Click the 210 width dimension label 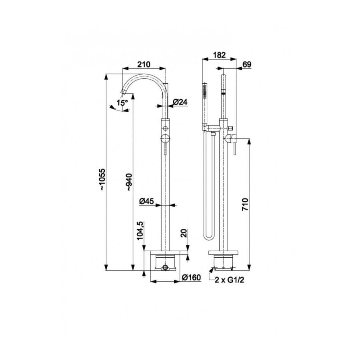[x=144, y=64]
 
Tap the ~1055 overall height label [x=102, y=179]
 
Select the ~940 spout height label [x=129, y=182]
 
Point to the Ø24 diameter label [x=180, y=102]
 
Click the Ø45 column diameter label [x=146, y=201]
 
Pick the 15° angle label [x=122, y=103]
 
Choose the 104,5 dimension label [x=140, y=230]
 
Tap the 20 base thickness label [x=184, y=234]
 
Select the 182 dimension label [x=220, y=55]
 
